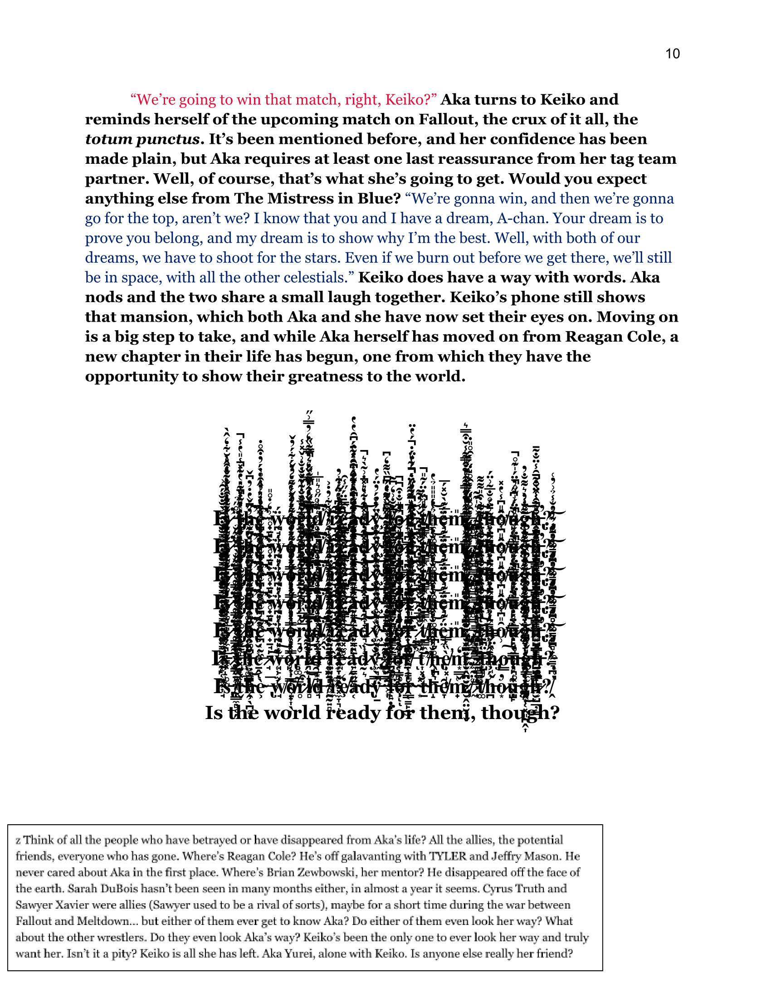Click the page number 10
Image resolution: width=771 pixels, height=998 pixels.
coord(672,54)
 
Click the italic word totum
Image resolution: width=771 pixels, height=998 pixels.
coord(109,139)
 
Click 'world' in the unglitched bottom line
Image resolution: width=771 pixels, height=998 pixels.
coord(293,713)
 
